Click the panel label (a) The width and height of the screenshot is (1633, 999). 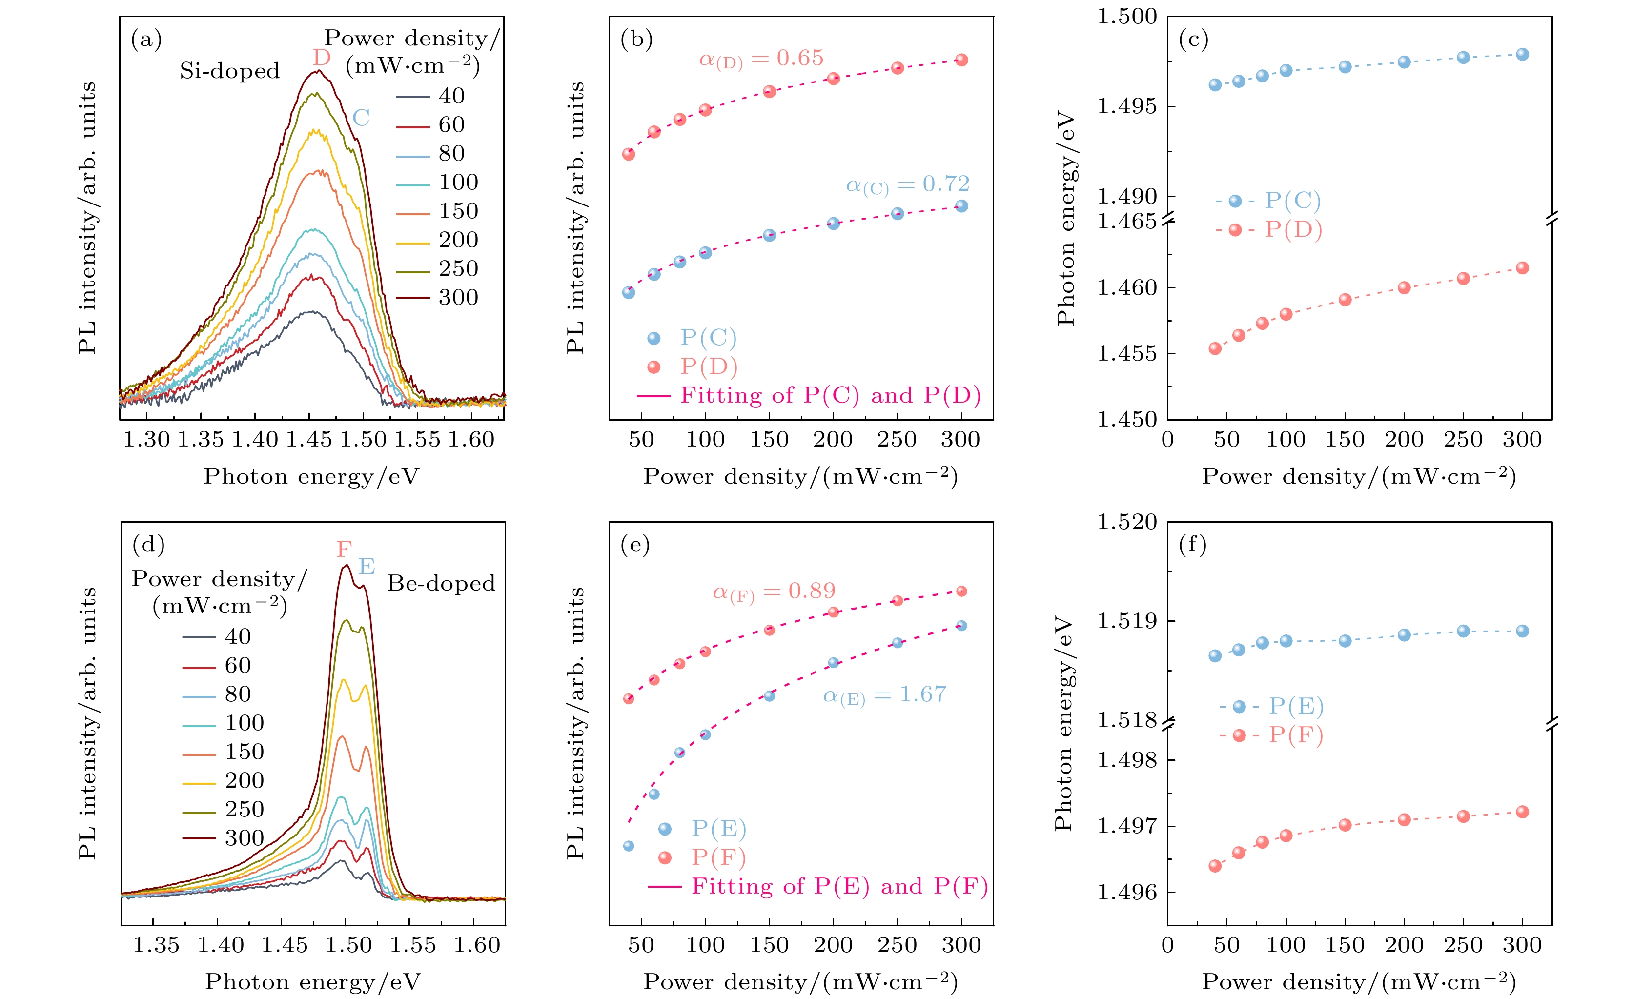pyautogui.click(x=146, y=40)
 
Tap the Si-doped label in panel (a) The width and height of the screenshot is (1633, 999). pyautogui.click(x=229, y=71)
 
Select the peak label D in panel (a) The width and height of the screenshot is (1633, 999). pyautogui.click(x=322, y=58)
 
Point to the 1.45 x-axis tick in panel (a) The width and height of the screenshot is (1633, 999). pyautogui.click(x=309, y=440)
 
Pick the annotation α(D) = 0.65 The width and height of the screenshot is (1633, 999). pyautogui.click(x=761, y=59)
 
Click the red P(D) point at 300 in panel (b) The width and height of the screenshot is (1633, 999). pyautogui.click(x=961, y=61)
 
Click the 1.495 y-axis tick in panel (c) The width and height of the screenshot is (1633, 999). pyautogui.click(x=1127, y=106)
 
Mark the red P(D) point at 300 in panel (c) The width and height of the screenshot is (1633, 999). pyautogui.click(x=1522, y=268)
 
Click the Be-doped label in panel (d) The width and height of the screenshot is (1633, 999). pyautogui.click(x=441, y=583)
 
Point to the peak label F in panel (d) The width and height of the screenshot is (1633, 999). pyautogui.click(x=344, y=550)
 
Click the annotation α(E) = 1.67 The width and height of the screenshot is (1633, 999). pyautogui.click(x=884, y=695)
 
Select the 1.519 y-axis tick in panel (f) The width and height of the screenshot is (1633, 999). pyautogui.click(x=1127, y=621)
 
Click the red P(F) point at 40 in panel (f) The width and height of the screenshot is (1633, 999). pyautogui.click(x=1215, y=866)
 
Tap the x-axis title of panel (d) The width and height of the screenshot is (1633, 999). pyautogui.click(x=313, y=982)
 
